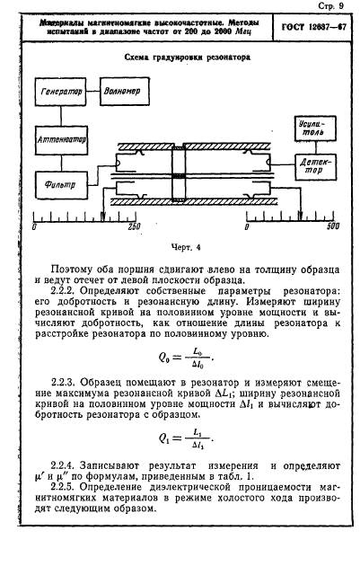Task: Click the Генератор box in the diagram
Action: pyautogui.click(x=61, y=93)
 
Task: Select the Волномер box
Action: pyautogui.click(x=121, y=92)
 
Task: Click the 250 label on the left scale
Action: pyautogui.click(x=135, y=227)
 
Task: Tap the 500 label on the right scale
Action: pyautogui.click(x=331, y=227)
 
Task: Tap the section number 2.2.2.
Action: pyautogui.click(x=69, y=291)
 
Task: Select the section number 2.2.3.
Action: pyautogui.click(x=69, y=381)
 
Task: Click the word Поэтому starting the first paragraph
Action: pyautogui.click(x=74, y=267)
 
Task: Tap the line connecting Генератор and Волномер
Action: pyautogui.click(x=93, y=92)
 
